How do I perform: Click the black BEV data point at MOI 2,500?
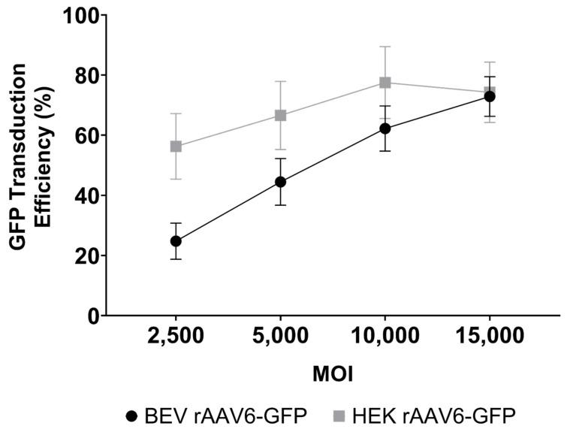176,241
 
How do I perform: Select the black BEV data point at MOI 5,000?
280,182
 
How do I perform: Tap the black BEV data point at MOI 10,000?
385,128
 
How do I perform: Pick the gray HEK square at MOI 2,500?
176,147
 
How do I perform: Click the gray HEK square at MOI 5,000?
280,116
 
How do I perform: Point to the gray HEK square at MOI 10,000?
385,83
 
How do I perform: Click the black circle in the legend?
133,414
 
